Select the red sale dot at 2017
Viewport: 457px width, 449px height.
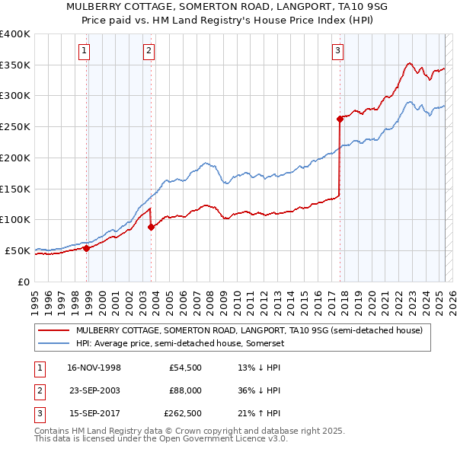point(340,119)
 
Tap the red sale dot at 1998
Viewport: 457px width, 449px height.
point(86,247)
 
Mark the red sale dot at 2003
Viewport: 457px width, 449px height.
point(152,227)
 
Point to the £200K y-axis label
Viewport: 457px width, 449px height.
point(14,158)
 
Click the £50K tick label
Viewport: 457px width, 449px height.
point(18,250)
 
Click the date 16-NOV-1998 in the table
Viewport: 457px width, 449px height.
point(94,368)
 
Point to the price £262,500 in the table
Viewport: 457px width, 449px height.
point(183,415)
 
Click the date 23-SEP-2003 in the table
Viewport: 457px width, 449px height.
point(94,391)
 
